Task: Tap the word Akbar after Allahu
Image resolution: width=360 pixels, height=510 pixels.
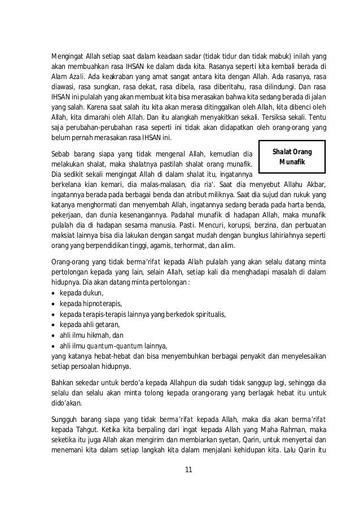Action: (x=317, y=184)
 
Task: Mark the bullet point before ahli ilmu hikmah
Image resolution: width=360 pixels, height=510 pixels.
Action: (x=53, y=335)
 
